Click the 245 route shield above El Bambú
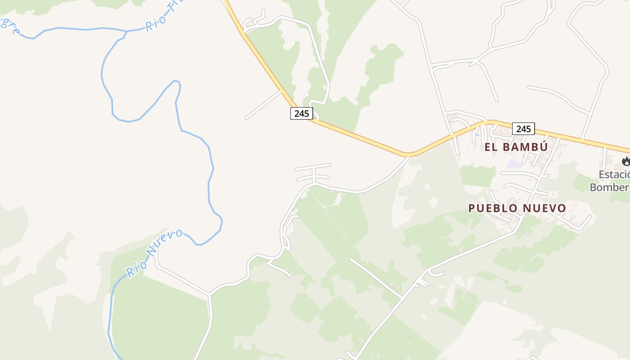(x=523, y=129)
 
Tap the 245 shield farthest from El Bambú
(x=301, y=113)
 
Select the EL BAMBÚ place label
(x=516, y=147)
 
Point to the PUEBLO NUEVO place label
(x=517, y=208)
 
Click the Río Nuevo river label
(x=154, y=252)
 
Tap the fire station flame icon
(x=625, y=161)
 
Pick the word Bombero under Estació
(x=610, y=187)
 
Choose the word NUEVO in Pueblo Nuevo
(x=544, y=208)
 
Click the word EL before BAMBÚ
(x=490, y=147)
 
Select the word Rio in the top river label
(x=156, y=23)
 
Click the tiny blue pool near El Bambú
(x=477, y=134)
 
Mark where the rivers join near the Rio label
(x=126, y=31)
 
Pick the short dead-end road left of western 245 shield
(x=263, y=105)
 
